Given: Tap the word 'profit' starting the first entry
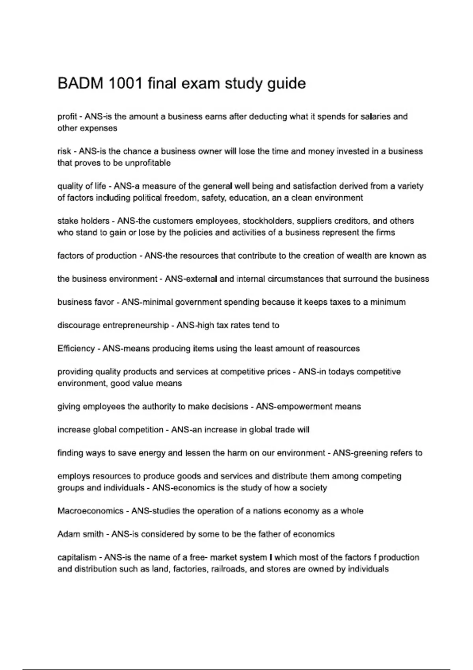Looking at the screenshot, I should click(x=67, y=117).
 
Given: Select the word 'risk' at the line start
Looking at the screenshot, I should click(x=64, y=151).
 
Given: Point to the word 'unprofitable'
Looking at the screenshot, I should click(x=148, y=163).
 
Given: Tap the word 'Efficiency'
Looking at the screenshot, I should click(x=76, y=349).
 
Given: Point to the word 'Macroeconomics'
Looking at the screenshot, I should click(x=90, y=511).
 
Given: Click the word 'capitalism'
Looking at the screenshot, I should click(x=77, y=558).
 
